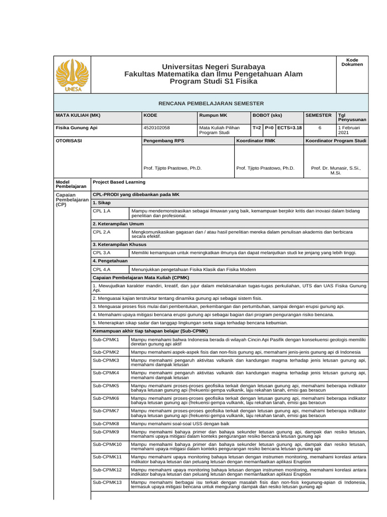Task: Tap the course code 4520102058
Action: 157,128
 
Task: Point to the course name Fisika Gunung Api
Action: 76,128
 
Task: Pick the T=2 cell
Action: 256,128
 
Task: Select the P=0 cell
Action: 269,128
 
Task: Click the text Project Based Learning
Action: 119,182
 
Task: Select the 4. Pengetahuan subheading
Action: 110,261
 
